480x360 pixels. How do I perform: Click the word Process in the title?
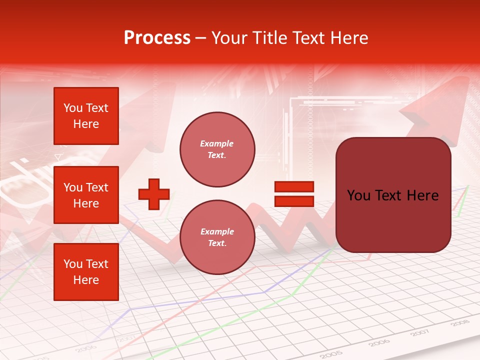coord(157,38)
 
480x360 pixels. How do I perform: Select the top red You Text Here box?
coord(86,116)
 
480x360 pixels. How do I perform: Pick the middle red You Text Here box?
coord(86,195)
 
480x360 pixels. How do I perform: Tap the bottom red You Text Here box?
coord(86,272)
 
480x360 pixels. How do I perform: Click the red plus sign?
coord(154,194)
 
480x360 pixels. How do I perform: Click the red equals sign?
coord(294,194)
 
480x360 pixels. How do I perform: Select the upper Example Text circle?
coord(217,149)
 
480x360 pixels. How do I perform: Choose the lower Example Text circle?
coord(217,237)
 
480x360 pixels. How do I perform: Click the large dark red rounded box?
coord(393,195)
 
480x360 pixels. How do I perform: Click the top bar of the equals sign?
coord(294,186)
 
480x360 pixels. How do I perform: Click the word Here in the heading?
coord(349,38)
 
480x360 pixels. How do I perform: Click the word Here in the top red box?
coord(86,124)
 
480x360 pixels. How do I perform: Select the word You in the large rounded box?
coord(358,195)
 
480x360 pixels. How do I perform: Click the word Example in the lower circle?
coord(217,231)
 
